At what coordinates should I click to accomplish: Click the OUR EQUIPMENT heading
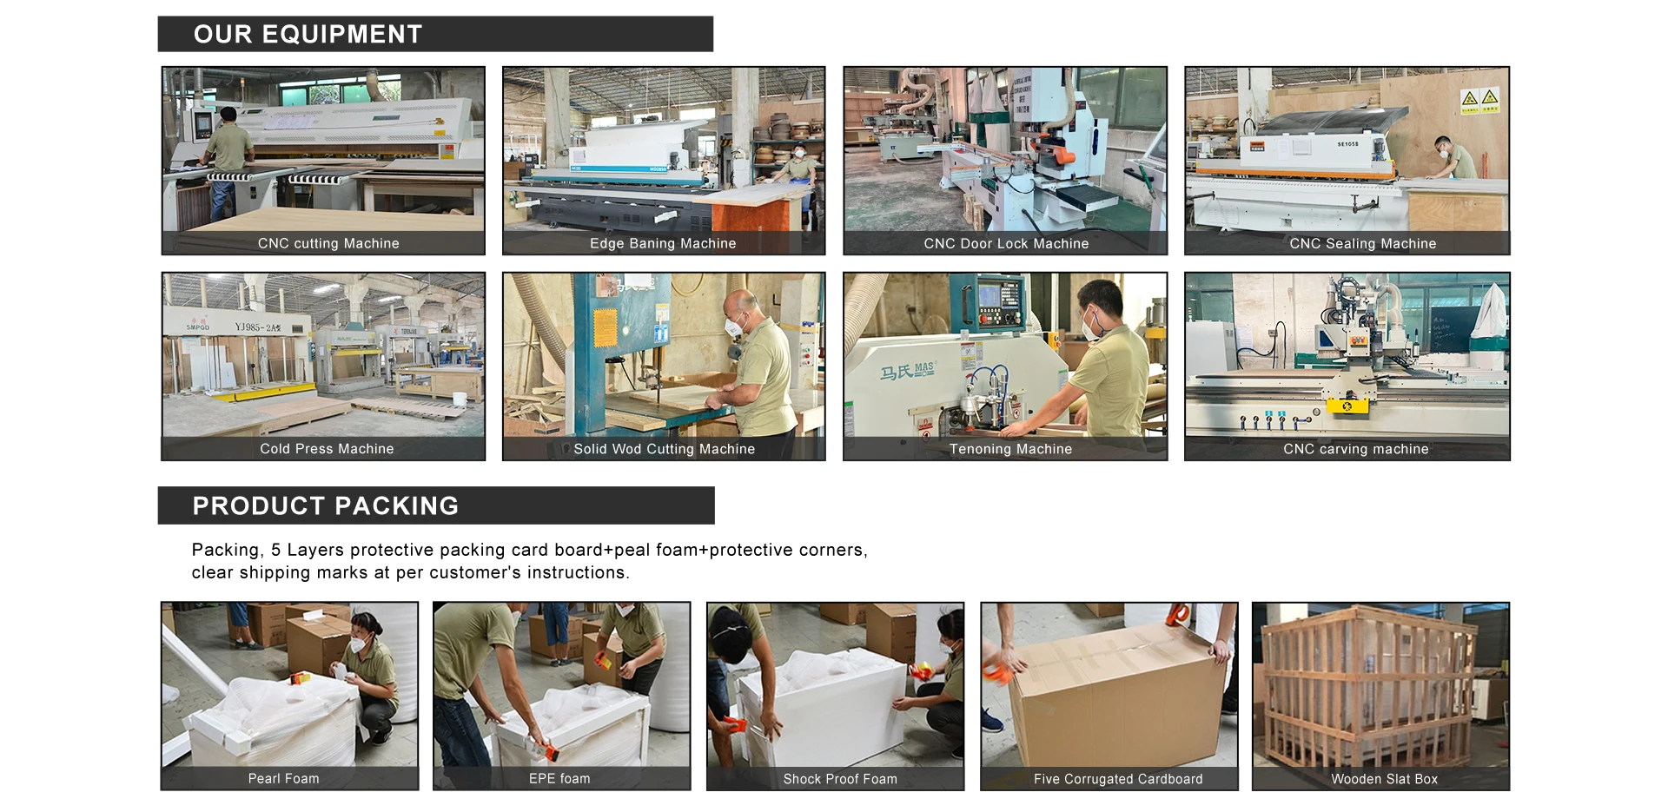[x=308, y=34]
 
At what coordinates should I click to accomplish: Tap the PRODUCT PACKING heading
[x=326, y=505]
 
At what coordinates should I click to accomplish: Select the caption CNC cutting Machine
[x=328, y=244]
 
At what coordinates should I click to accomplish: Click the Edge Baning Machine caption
[x=663, y=244]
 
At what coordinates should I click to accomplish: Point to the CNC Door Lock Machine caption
[x=1006, y=244]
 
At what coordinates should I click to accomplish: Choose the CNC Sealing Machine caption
[x=1363, y=244]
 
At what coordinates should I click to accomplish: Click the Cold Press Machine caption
[x=327, y=449]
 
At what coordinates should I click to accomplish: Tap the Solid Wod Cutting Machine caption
[x=665, y=449]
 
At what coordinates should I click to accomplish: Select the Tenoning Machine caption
[x=1010, y=449]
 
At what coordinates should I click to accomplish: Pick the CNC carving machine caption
[x=1356, y=449]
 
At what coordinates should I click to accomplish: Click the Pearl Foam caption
[x=284, y=779]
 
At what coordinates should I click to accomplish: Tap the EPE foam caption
[x=559, y=779]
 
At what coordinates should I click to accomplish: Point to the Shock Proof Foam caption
[x=840, y=779]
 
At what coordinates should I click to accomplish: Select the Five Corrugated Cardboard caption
[x=1118, y=779]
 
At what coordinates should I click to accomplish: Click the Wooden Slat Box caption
[x=1385, y=779]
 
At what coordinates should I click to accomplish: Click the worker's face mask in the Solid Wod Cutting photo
[x=735, y=327]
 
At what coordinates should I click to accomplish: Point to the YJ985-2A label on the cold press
[x=258, y=327]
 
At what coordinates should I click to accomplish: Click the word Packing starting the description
[x=226, y=551]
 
